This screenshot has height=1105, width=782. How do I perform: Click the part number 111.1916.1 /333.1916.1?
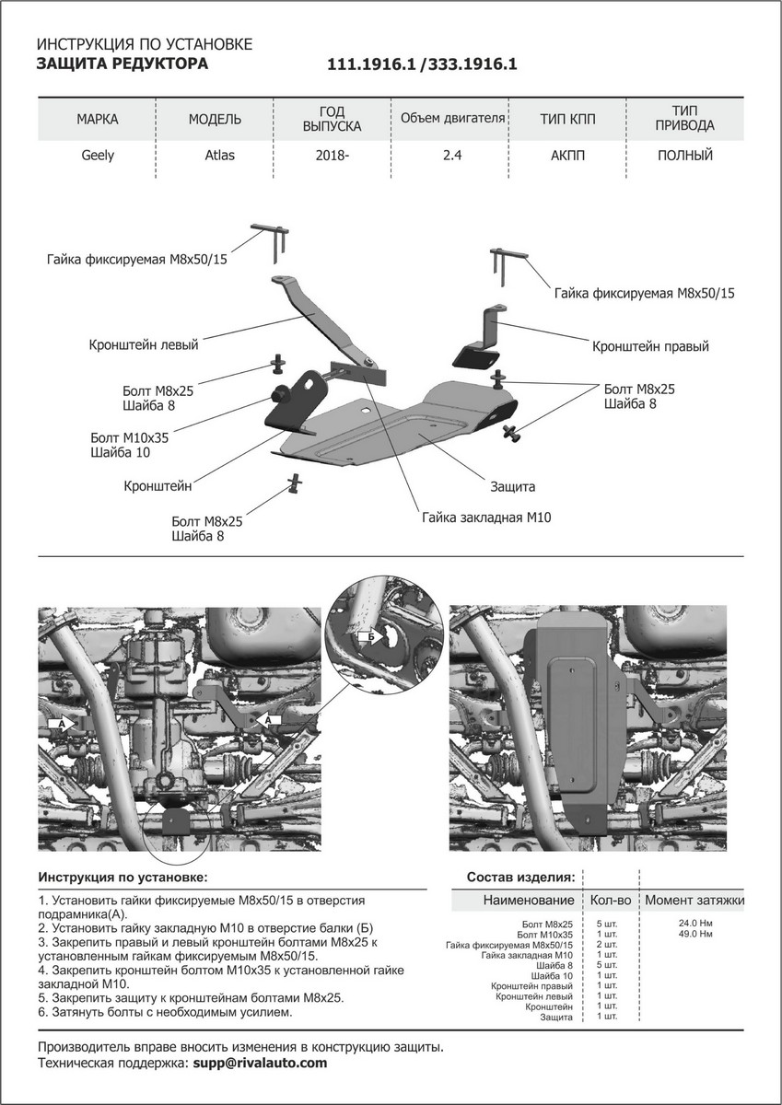pyautogui.click(x=423, y=65)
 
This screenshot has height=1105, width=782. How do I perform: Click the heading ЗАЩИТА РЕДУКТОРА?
pyautogui.click(x=122, y=64)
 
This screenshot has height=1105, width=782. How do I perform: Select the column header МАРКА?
pyautogui.click(x=98, y=120)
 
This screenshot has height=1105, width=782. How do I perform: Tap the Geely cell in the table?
pyautogui.click(x=98, y=156)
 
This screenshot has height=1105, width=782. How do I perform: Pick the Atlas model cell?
pyautogui.click(x=219, y=156)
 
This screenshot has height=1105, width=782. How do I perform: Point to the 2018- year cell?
pyautogui.click(x=333, y=156)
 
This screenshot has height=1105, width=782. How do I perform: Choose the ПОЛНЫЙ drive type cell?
pyautogui.click(x=684, y=156)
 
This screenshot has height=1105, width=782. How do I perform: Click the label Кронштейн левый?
pyautogui.click(x=144, y=345)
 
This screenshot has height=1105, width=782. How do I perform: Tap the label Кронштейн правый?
pyautogui.click(x=650, y=347)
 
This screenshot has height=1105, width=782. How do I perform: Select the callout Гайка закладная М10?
pyautogui.click(x=486, y=518)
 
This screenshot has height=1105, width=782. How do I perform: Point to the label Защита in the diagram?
pyautogui.click(x=512, y=485)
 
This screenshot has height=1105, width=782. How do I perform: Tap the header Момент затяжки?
pyautogui.click(x=694, y=900)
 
